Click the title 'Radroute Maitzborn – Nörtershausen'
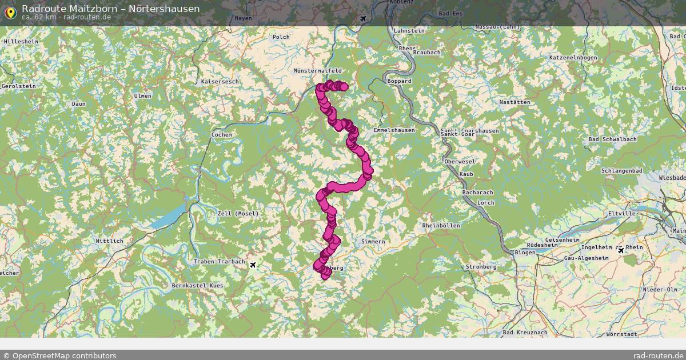pyautogui.click(x=111, y=9)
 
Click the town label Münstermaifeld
pyautogui.click(x=317, y=71)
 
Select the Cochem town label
pyautogui.click(x=222, y=135)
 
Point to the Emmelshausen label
pyautogui.click(x=394, y=130)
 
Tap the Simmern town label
pyautogui.click(x=373, y=242)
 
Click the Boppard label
pyautogui.click(x=399, y=81)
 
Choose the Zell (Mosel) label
pyautogui.click(x=238, y=214)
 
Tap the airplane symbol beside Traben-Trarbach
pyautogui.click(x=253, y=264)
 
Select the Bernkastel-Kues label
pyautogui.click(x=198, y=285)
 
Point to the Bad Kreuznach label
pyautogui.click(x=525, y=332)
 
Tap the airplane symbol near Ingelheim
pyautogui.click(x=621, y=250)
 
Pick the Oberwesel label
pyautogui.click(x=460, y=162)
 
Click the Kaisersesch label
pyautogui.click(x=220, y=82)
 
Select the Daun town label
pyautogui.click(x=79, y=104)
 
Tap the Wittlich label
pyautogui.click(x=110, y=241)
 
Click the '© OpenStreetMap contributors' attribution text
pyautogui.click(x=59, y=355)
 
